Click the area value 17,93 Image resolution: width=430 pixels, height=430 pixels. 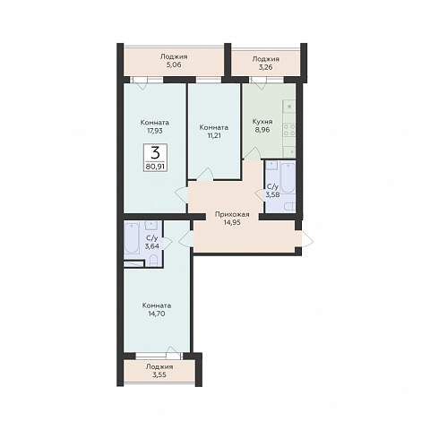[x=155, y=131]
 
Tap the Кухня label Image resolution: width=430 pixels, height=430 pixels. [x=262, y=122]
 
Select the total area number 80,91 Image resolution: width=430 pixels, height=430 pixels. [x=155, y=167]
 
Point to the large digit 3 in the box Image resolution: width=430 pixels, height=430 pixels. [x=155, y=153]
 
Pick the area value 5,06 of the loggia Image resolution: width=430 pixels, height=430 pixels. [x=174, y=64]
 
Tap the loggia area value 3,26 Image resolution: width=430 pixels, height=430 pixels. [x=265, y=67]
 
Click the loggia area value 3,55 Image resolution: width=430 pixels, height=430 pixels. [x=159, y=375]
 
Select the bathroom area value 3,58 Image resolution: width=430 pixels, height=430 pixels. [x=272, y=195]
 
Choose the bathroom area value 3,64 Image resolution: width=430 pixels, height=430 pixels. [x=152, y=246]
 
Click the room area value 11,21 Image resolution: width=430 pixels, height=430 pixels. [x=214, y=135]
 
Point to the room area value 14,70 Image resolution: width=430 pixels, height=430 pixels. [x=157, y=314]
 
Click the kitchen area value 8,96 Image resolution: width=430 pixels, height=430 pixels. [x=262, y=130]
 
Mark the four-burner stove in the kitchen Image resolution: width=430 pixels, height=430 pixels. [x=289, y=130]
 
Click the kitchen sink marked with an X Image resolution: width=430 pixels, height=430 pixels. [x=289, y=107]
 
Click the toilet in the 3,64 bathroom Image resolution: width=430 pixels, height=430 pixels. [x=153, y=261]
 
